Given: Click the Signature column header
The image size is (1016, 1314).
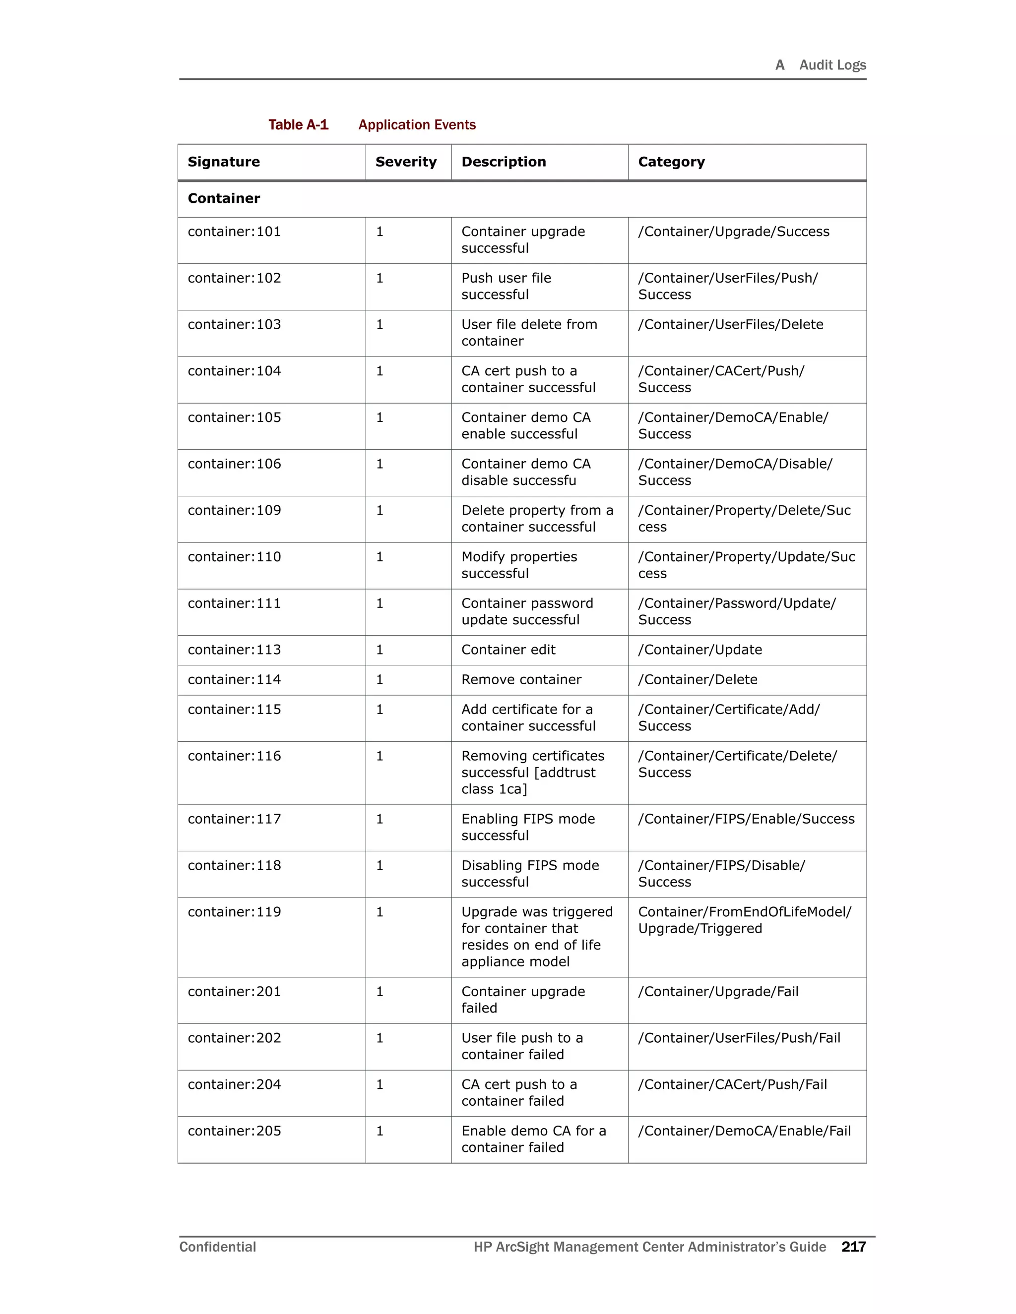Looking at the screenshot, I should pyautogui.click(x=224, y=162).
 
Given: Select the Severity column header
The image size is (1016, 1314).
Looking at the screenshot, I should pyautogui.click(x=406, y=162).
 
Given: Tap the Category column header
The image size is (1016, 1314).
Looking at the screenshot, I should pyautogui.click(x=671, y=162).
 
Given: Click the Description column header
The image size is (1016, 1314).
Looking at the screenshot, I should pyautogui.click(x=504, y=162).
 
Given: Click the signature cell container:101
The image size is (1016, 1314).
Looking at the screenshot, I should pyautogui.click(x=234, y=232).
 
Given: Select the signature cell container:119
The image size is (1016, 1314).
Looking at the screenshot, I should pyautogui.click(x=234, y=912).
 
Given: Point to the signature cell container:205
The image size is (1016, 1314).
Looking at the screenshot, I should pyautogui.click(x=234, y=1131).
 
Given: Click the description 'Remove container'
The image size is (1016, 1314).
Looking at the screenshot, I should pyautogui.click(x=521, y=680).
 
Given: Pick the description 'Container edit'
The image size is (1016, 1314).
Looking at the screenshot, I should pyautogui.click(x=508, y=650).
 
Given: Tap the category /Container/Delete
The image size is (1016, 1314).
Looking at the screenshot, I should pyautogui.click(x=698, y=680).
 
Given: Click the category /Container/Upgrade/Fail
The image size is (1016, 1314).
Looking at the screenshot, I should pyautogui.click(x=718, y=992).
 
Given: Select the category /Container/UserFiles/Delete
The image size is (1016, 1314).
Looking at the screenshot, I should pyautogui.click(x=731, y=325).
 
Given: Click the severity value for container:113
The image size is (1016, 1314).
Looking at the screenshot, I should pyautogui.click(x=380, y=650).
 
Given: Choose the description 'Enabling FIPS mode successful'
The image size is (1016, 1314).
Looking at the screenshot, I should pyautogui.click(x=528, y=827).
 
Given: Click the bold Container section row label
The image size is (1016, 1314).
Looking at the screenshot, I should pyautogui.click(x=224, y=198).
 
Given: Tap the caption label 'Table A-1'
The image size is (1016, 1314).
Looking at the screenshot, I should pyautogui.click(x=299, y=124).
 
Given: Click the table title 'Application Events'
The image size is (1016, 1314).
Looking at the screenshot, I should pyautogui.click(x=417, y=124).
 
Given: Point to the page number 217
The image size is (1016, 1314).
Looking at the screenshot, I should pyautogui.click(x=853, y=1247).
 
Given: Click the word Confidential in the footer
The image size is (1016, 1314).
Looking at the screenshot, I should pyautogui.click(x=217, y=1247).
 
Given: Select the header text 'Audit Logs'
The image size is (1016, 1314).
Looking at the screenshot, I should pyautogui.click(x=832, y=65).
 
